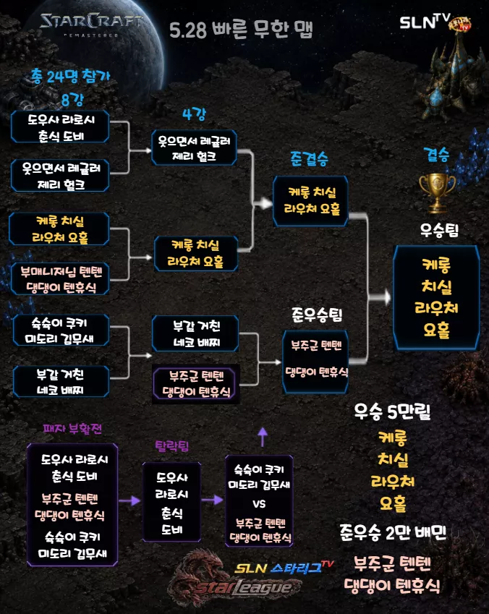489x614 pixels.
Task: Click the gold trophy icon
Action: click(437, 192)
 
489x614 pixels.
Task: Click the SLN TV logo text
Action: click(425, 22)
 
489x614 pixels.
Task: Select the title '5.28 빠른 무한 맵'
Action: click(241, 30)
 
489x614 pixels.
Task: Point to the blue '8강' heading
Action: click(72, 100)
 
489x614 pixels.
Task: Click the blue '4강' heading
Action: click(194, 114)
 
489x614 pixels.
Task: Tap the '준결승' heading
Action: click(309, 158)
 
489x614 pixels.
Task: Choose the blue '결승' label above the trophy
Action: click(436, 155)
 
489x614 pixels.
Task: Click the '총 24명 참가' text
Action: click(70, 76)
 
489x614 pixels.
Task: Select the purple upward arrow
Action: click(263, 437)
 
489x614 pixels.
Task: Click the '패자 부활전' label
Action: click(72, 429)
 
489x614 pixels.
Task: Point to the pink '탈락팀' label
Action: click(172, 445)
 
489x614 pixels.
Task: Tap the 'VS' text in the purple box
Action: click(259, 503)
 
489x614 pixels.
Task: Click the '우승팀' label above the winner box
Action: click(439, 230)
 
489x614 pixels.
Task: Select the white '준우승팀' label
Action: click(317, 315)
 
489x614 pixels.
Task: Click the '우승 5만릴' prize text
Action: click(392, 412)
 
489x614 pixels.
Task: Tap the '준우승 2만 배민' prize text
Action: click(393, 532)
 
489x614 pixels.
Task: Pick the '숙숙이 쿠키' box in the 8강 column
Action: click(61, 330)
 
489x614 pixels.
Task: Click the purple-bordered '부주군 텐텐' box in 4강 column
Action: click(195, 383)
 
